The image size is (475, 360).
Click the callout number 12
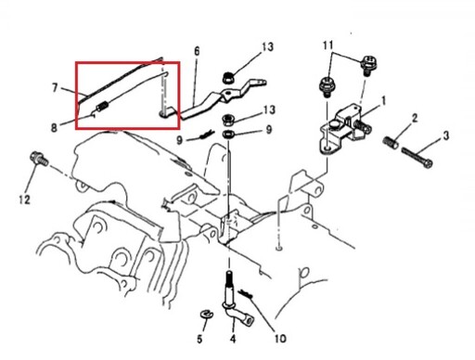[x=24, y=199]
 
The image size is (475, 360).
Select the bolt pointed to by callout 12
[x=39, y=159]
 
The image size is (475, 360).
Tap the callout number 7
[x=55, y=88]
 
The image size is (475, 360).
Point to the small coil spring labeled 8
[x=102, y=108]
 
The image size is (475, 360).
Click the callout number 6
[x=197, y=51]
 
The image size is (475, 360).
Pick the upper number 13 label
[x=268, y=47]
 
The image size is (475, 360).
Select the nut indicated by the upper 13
[x=228, y=78]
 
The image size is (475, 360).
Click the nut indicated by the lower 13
[x=228, y=120]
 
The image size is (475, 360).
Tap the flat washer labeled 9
[x=228, y=135]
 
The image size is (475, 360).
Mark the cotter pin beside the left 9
[x=206, y=135]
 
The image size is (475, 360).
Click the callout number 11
[x=328, y=45]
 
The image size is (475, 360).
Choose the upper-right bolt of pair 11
[x=367, y=65]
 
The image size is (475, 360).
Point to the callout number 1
[x=383, y=101]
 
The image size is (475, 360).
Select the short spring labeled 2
[x=391, y=143]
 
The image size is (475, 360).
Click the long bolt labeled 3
[x=417, y=158]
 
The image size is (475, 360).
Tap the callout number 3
[x=445, y=135]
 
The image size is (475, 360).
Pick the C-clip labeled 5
[x=206, y=314]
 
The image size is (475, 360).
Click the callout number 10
[x=280, y=339]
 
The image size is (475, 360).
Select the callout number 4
[x=233, y=339]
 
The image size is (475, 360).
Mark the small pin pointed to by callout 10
[x=246, y=294]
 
